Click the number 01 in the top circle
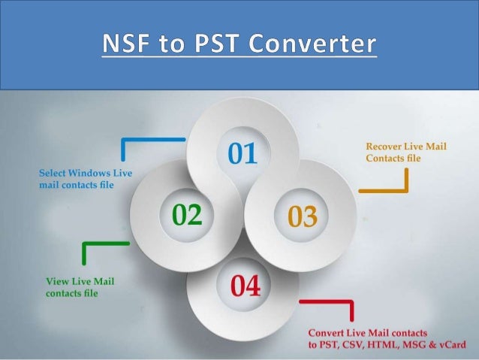242,155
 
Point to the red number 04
246,286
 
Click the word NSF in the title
123,45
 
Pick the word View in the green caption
58,282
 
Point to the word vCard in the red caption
449,344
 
